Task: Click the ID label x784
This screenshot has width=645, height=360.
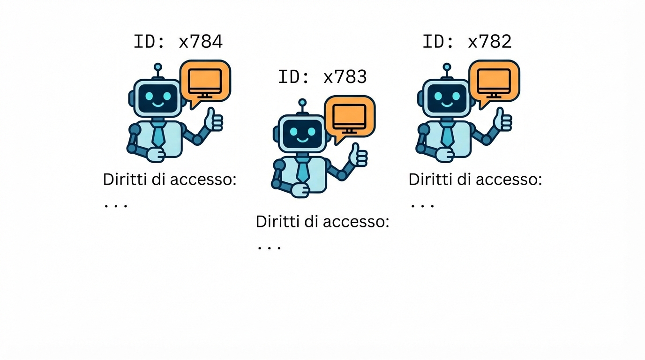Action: coord(178,42)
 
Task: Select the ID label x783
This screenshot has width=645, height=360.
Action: coord(322,77)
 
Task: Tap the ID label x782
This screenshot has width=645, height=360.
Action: coord(467,42)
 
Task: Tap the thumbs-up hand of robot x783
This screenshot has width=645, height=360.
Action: coord(359,156)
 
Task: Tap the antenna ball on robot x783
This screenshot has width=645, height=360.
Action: coord(302,102)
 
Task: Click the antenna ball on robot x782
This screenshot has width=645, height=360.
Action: coord(447,67)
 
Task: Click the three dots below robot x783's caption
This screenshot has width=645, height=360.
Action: coord(269,247)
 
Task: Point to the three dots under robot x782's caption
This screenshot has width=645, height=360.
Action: coord(422,205)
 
